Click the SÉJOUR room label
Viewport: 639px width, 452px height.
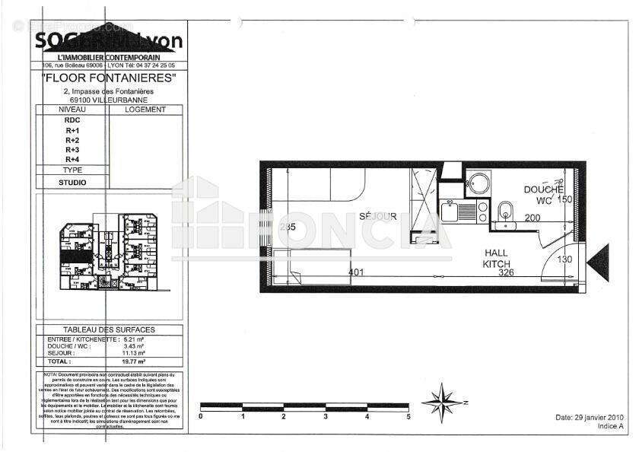pyautogui.click(x=378, y=216)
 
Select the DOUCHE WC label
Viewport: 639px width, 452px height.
pyautogui.click(x=543, y=194)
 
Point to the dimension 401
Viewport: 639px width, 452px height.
pyautogui.click(x=357, y=271)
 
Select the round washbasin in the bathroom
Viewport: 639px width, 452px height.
pyautogui.click(x=478, y=183)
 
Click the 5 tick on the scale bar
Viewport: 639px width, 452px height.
pyautogui.click(x=409, y=416)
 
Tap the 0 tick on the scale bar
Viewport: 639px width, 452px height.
pyautogui.click(x=200, y=416)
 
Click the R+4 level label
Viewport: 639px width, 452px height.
pyautogui.click(x=72, y=159)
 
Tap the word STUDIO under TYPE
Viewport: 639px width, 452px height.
pyautogui.click(x=72, y=183)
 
